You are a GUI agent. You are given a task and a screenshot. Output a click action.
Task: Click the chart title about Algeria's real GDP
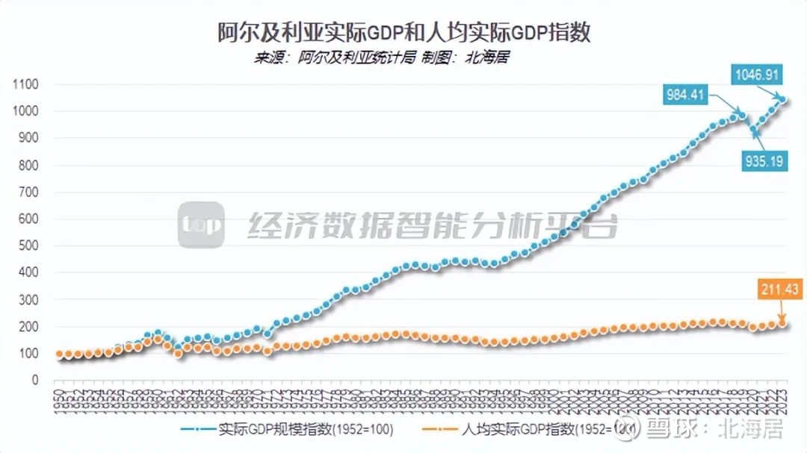coord(403,32)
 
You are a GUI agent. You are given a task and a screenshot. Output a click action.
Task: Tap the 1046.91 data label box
coord(759,75)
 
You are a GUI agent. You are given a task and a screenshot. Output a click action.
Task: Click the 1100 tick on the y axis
coord(25,84)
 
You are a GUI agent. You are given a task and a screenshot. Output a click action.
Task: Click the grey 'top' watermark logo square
coord(201,225)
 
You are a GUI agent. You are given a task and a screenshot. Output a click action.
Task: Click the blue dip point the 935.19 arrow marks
coord(755,132)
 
